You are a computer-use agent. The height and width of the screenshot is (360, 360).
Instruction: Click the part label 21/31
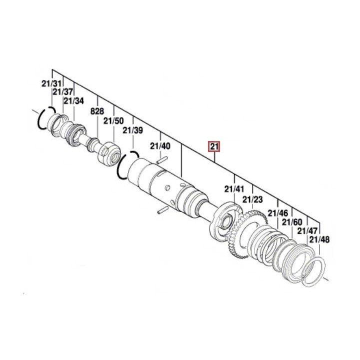point(51,84)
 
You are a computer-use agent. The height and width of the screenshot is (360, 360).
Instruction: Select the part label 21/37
point(63,92)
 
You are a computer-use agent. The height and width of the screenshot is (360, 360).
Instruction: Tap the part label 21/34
point(73,101)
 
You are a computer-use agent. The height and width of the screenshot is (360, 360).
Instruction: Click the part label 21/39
point(132,130)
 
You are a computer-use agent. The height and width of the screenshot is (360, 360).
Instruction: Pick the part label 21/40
point(160,146)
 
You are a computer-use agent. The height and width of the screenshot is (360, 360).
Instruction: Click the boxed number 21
point(214,146)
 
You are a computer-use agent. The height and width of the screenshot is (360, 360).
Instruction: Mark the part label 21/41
point(234,189)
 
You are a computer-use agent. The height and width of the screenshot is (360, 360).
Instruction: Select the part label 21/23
point(253,200)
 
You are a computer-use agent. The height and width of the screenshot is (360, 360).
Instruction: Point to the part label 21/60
point(292,222)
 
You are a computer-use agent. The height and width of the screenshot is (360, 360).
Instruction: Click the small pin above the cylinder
point(161,161)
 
